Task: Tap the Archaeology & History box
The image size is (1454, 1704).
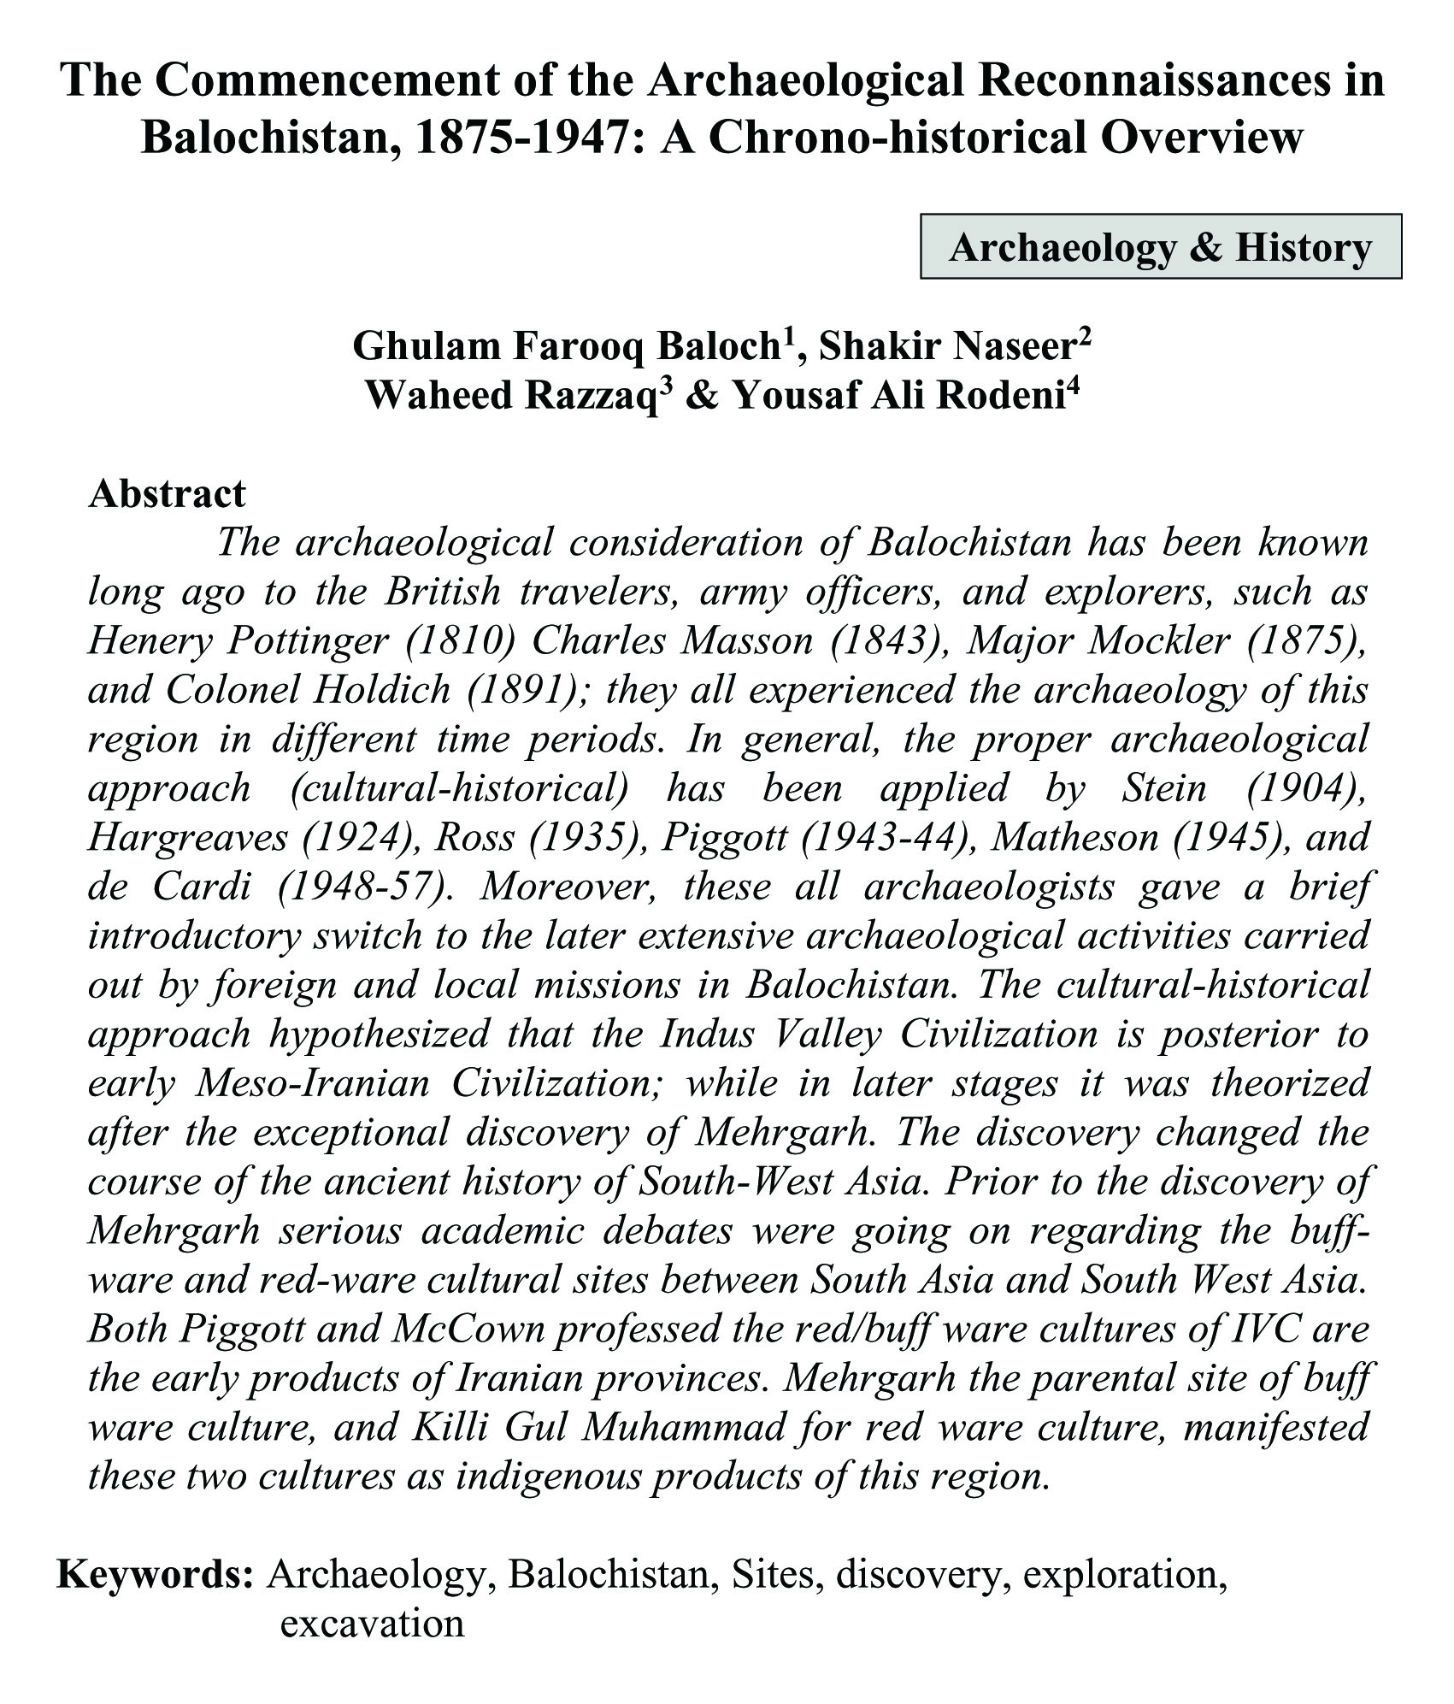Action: tap(1160, 248)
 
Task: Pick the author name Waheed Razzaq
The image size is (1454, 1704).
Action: tap(510, 396)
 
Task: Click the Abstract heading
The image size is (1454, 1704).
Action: tap(167, 493)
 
